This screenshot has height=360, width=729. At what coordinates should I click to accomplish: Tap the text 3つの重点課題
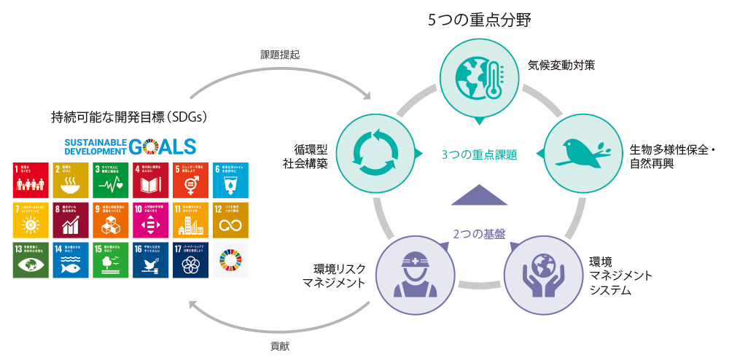(479, 154)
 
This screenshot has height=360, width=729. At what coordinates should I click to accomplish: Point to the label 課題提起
(280, 55)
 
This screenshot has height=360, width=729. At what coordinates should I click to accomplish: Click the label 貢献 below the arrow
(279, 346)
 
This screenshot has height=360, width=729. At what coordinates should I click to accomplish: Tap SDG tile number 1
(29, 180)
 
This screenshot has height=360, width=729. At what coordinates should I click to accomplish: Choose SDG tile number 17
(190, 259)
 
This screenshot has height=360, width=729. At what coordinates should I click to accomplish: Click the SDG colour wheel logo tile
(230, 259)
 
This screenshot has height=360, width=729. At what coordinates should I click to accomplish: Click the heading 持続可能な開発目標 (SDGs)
(130, 116)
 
